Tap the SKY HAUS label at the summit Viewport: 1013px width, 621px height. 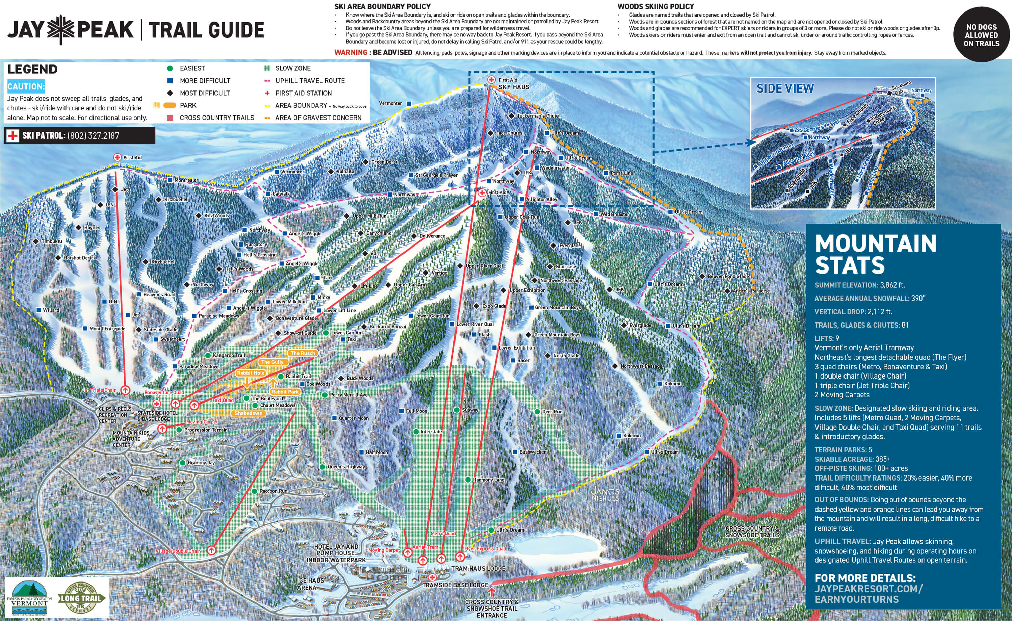(x=514, y=87)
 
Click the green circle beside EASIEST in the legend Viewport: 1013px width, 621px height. (x=170, y=68)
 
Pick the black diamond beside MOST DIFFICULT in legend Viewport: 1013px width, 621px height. (x=170, y=93)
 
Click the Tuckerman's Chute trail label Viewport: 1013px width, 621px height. (x=537, y=116)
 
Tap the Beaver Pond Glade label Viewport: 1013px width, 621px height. (x=728, y=276)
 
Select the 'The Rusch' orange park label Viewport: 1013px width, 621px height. (x=303, y=353)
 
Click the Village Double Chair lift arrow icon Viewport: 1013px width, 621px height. (x=211, y=550)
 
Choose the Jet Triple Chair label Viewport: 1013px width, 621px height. (x=99, y=390)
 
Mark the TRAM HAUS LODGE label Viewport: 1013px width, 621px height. (x=478, y=568)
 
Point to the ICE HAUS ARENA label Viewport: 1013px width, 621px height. (x=310, y=584)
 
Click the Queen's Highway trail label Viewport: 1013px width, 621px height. (x=346, y=467)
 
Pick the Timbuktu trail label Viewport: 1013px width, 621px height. (x=52, y=241)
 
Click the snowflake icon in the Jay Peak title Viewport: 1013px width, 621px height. (x=60, y=30)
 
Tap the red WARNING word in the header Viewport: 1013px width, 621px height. (x=350, y=53)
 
